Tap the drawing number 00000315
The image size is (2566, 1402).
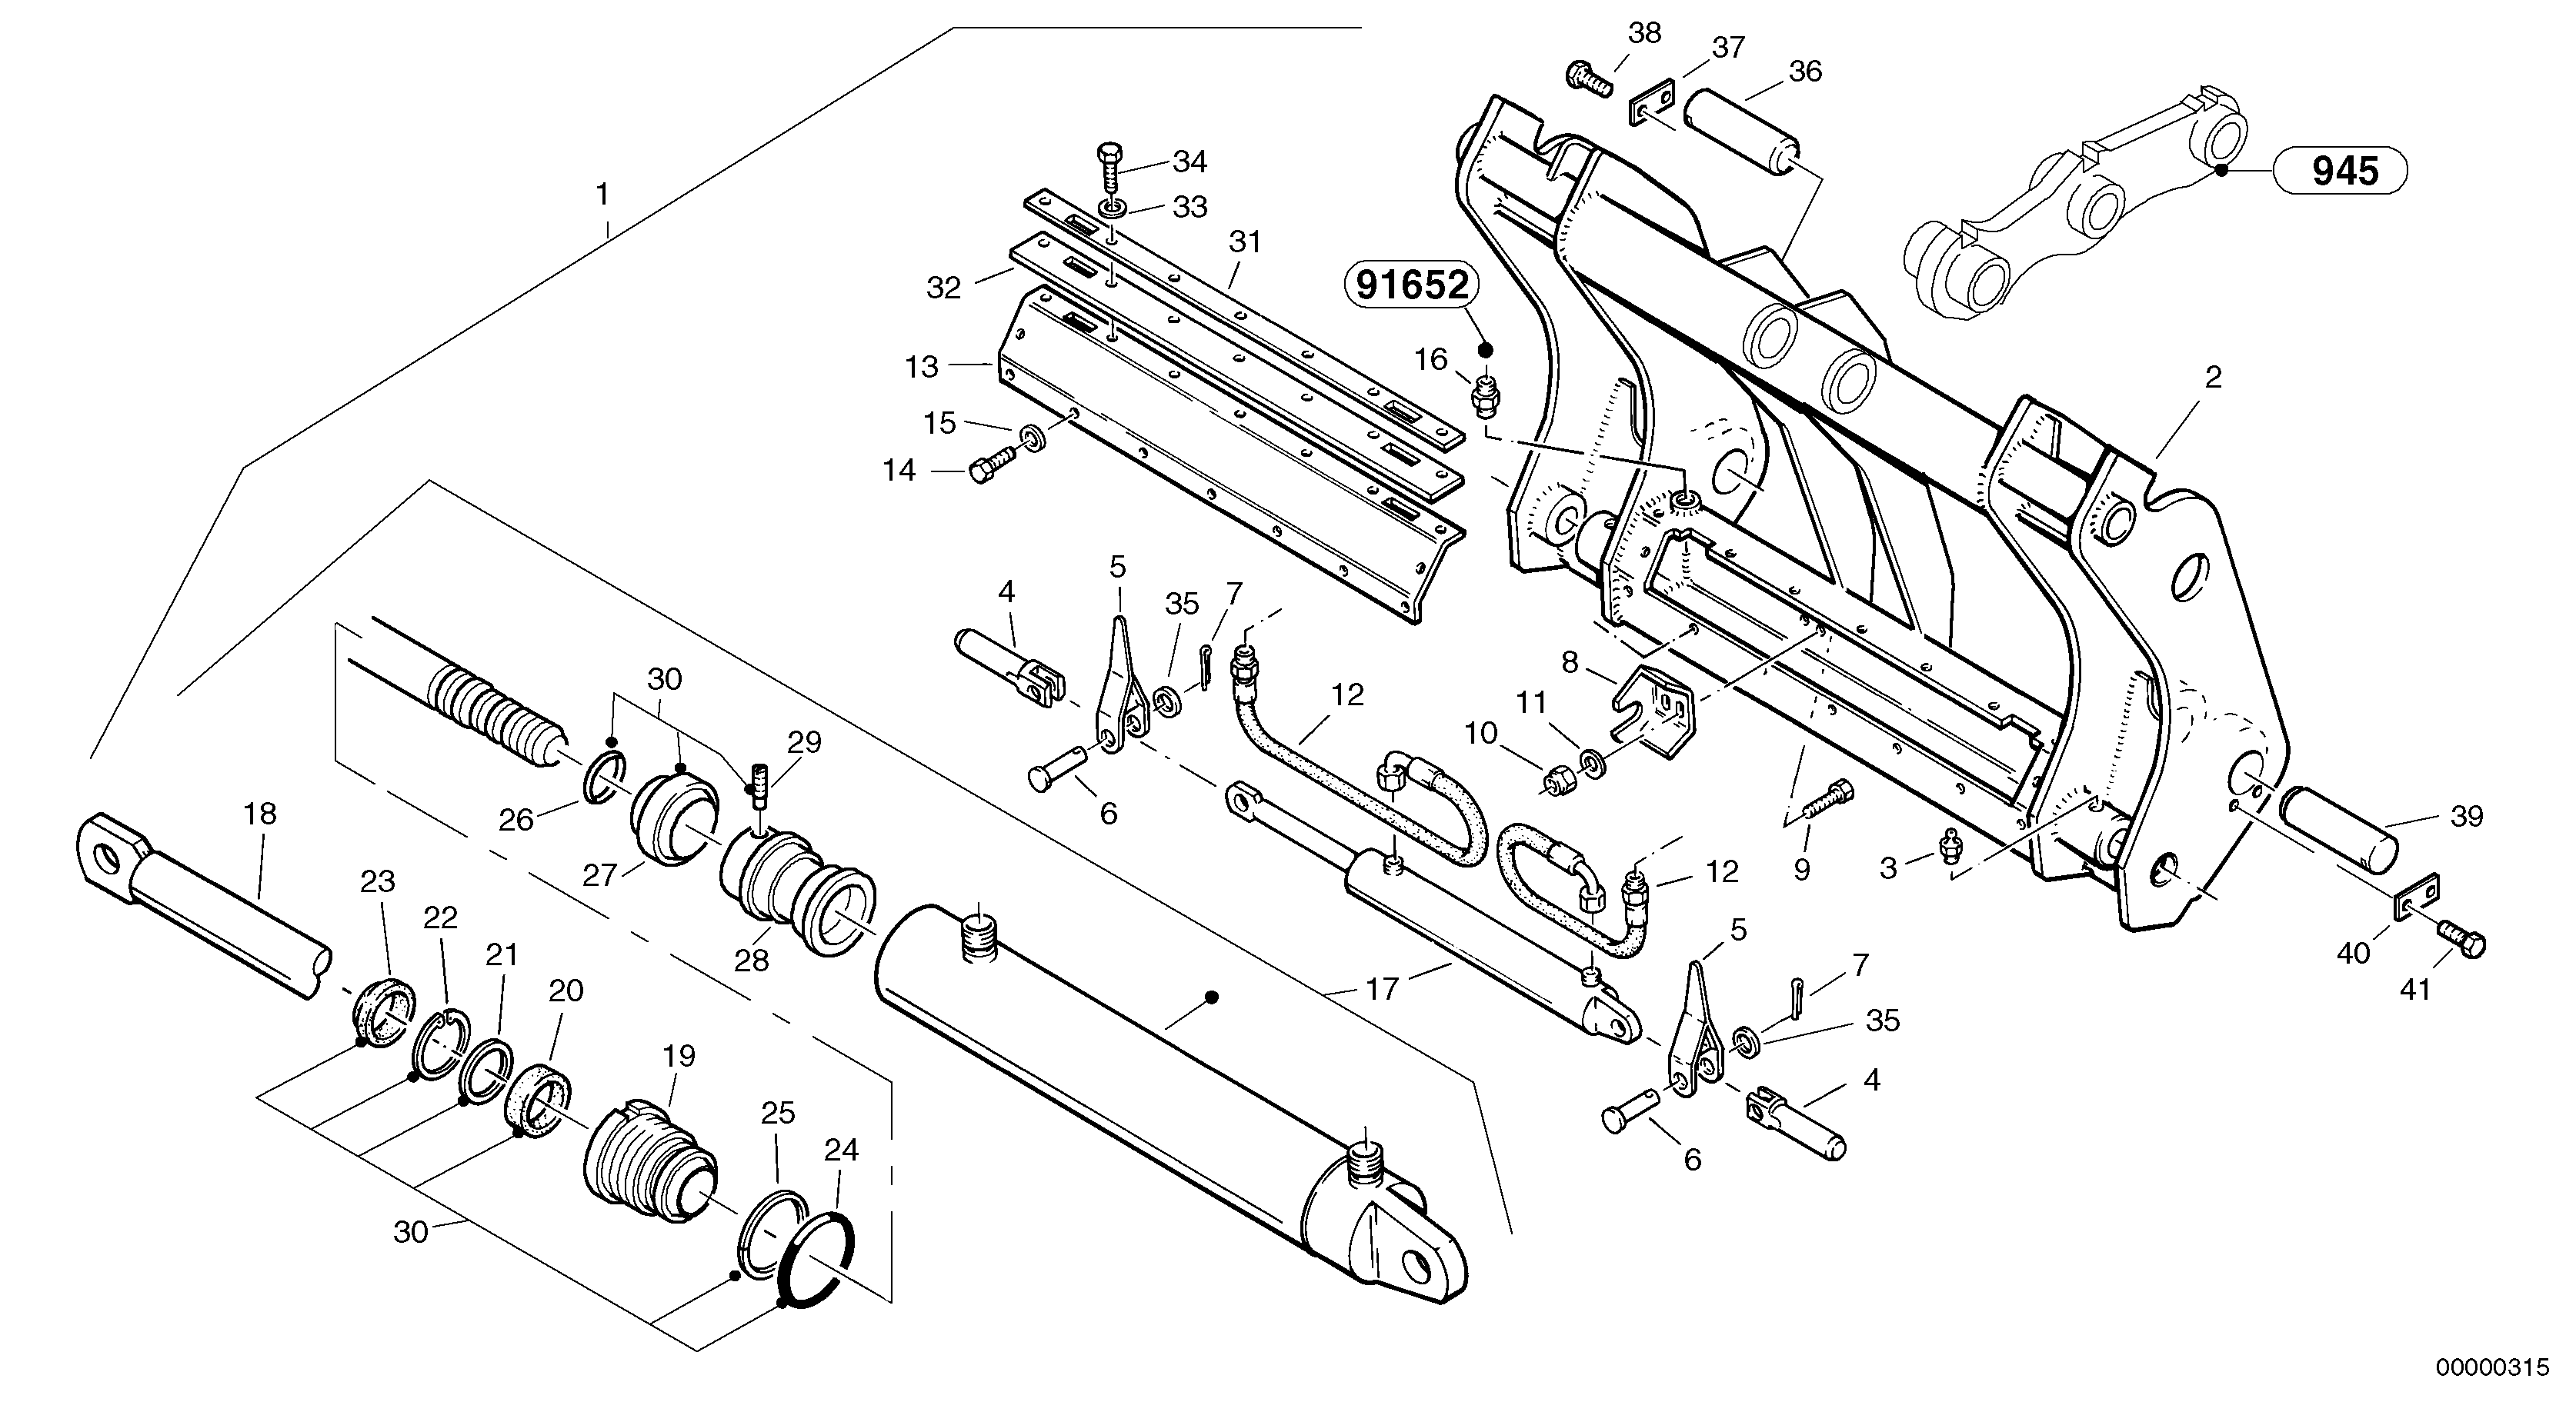coord(2498,1366)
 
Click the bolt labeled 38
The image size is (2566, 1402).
coord(1589,78)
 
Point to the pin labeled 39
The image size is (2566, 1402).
coord(2340,839)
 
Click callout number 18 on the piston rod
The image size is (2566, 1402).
coord(260,814)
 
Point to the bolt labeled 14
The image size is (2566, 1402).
coord(990,466)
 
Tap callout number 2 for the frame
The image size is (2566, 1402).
coord(2212,378)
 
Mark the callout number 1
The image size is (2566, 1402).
coord(602,194)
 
